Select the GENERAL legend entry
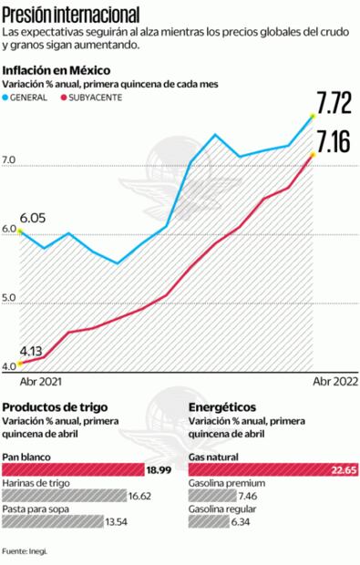click(x=36, y=97)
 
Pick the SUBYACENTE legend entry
click(x=92, y=97)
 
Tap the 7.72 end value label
click(x=334, y=102)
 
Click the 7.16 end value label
click(x=334, y=141)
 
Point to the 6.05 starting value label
click(x=33, y=217)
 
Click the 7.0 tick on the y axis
click(x=10, y=160)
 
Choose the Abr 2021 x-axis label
click(x=42, y=384)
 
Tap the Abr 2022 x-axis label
click(x=334, y=384)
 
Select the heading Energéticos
click(x=221, y=407)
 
